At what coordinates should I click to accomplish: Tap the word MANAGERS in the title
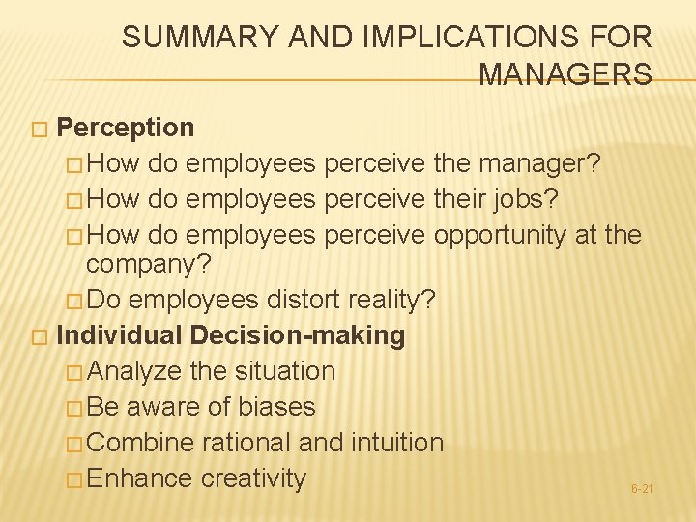(565, 74)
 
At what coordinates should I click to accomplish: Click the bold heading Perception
(126, 127)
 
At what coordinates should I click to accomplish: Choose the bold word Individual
(119, 335)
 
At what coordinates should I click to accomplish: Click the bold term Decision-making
(298, 335)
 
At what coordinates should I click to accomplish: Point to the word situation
(278, 370)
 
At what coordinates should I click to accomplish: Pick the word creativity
(253, 478)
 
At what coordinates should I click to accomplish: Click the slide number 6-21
(642, 489)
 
